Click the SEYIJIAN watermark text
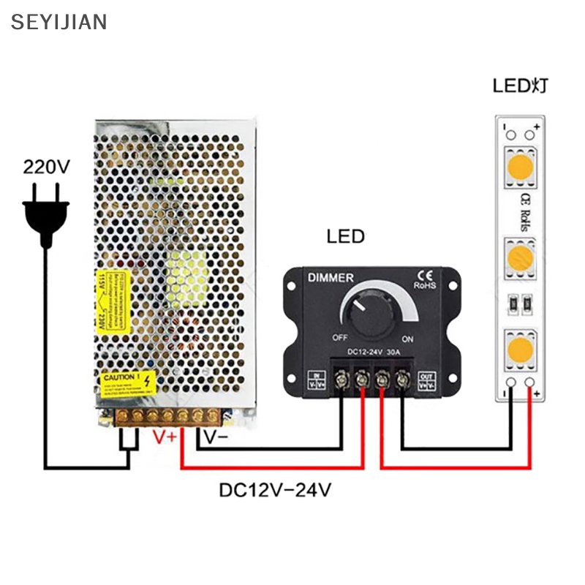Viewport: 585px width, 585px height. pyautogui.click(x=59, y=21)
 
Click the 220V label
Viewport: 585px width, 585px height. pyautogui.click(x=46, y=167)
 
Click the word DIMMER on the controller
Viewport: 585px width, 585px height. pyautogui.click(x=330, y=278)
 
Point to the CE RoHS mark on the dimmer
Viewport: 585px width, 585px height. pyautogui.click(x=424, y=280)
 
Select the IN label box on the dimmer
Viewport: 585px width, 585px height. pyautogui.click(x=310, y=379)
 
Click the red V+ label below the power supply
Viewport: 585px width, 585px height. pyautogui.click(x=163, y=437)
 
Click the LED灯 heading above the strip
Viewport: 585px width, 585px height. pyautogui.click(x=519, y=86)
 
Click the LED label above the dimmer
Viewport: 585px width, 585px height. pyautogui.click(x=345, y=237)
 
